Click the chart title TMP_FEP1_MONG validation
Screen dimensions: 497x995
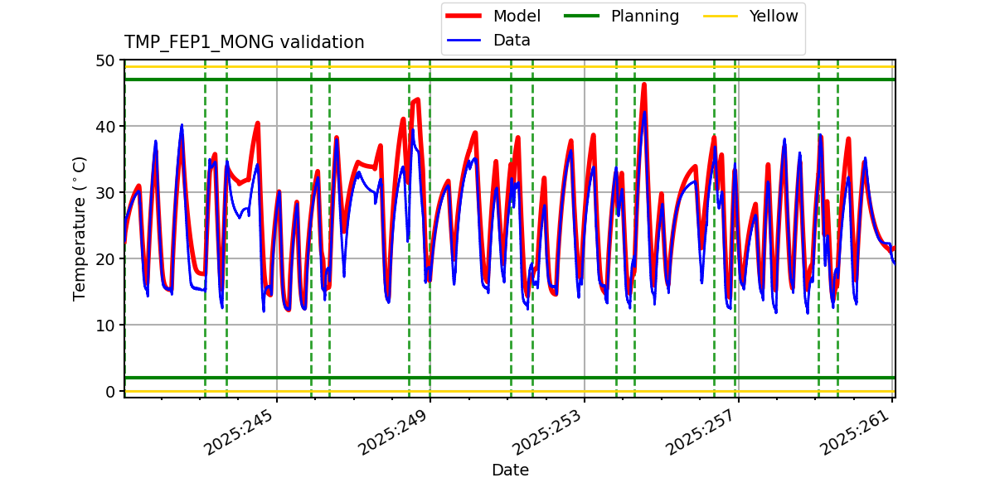(x=244, y=42)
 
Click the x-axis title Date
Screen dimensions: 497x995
(x=510, y=470)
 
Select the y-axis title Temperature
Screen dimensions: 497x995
(x=80, y=228)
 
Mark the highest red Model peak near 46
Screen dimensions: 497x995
(x=644, y=84)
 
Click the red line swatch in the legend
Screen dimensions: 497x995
(x=465, y=16)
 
